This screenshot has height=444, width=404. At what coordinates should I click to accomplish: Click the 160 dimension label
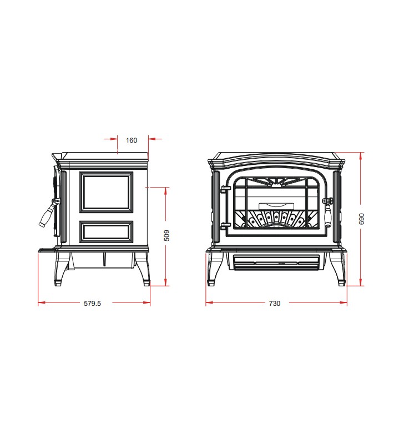132,140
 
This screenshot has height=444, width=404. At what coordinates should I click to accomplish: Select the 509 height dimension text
166,235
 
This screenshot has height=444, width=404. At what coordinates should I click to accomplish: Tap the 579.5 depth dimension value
92,303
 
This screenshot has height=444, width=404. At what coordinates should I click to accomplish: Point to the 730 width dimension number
275,303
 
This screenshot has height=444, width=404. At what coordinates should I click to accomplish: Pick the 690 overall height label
361,219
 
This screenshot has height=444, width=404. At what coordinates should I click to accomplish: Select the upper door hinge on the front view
225,189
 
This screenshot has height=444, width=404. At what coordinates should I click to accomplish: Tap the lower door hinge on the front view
225,226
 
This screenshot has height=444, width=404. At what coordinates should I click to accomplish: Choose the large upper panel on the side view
106,192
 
